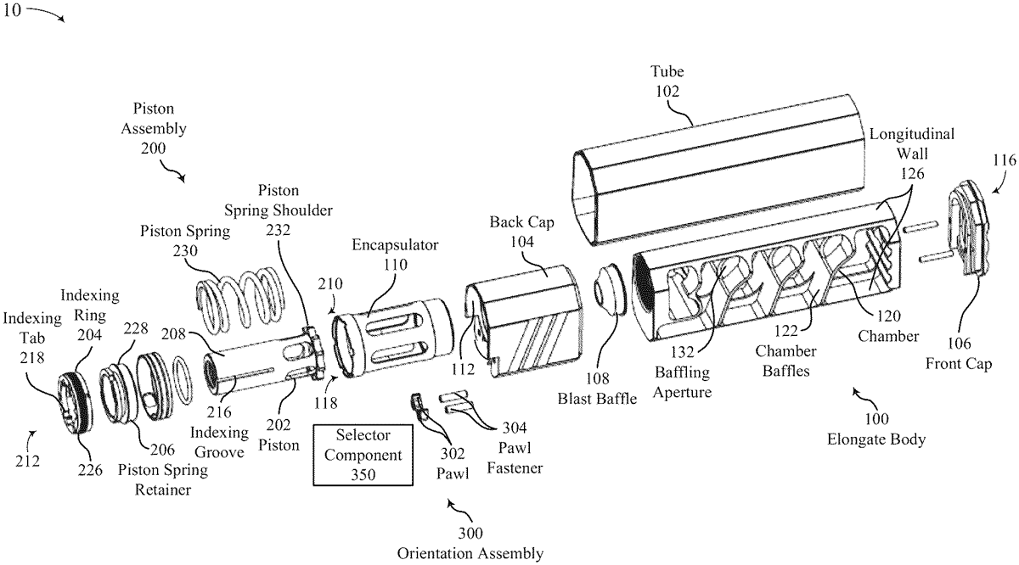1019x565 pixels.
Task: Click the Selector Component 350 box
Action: [362, 455]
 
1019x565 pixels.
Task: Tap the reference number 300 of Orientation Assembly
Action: [470, 534]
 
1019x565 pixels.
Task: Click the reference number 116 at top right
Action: [1004, 159]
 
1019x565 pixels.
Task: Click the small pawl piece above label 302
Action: [417, 401]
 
